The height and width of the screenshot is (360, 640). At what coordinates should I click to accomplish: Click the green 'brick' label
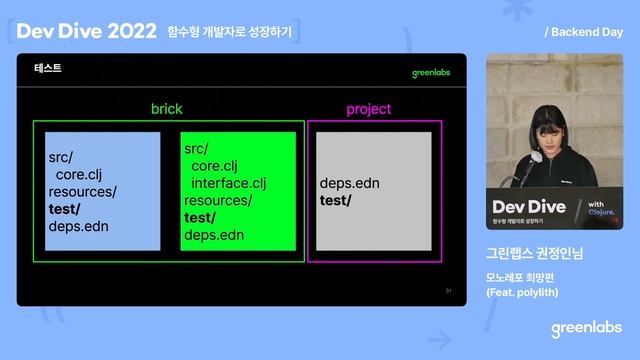point(168,108)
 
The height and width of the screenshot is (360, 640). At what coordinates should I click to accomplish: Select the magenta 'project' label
point(369,108)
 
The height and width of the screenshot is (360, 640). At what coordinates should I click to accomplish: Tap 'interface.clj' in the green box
point(229,183)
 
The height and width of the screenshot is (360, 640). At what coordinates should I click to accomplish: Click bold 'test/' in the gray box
point(336,200)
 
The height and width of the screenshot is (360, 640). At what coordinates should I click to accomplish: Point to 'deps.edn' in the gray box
point(349,184)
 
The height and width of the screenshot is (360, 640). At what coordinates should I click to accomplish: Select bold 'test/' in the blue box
point(65,209)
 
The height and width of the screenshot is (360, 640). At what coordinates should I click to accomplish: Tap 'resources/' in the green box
point(218,200)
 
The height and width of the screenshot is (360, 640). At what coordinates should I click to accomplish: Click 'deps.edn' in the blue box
point(78,226)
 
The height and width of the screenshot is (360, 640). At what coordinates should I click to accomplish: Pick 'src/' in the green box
point(196,148)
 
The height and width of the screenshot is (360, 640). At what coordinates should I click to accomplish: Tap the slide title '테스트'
point(48,68)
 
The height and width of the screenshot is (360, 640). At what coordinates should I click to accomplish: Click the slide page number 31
point(449,291)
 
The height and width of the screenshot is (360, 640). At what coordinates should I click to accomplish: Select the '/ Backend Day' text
point(584,32)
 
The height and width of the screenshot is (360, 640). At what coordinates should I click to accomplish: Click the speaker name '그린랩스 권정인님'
point(533,253)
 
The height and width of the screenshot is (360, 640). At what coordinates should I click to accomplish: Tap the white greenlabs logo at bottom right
point(586,328)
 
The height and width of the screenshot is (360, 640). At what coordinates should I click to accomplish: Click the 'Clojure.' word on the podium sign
point(600,211)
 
